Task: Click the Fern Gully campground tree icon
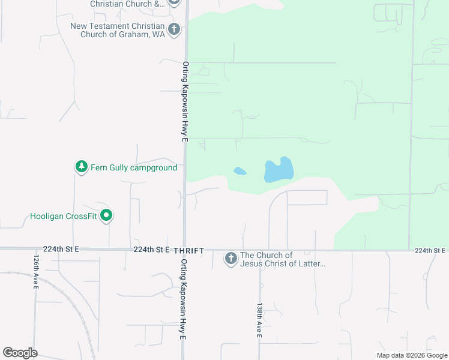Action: coord(82,167)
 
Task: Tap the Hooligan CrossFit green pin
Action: coord(106,215)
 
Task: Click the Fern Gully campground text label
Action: coord(134,167)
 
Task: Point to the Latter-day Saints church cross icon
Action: coord(231,259)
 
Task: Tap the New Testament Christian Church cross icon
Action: coord(174,29)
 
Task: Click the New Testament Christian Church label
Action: coord(117,30)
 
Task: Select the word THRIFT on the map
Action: coord(189,250)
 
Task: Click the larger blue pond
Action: coord(279,170)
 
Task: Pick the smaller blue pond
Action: coord(240,172)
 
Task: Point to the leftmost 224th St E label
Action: coord(61,249)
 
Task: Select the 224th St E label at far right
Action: coord(430,250)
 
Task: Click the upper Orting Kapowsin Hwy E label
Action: coord(185,101)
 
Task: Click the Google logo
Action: coord(20,353)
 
